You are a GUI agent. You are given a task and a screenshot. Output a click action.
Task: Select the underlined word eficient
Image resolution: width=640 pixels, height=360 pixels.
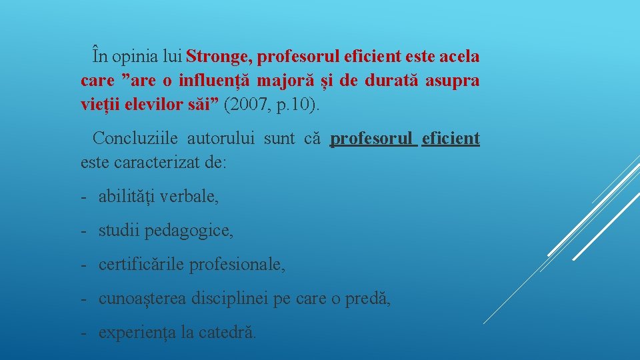(x=451, y=139)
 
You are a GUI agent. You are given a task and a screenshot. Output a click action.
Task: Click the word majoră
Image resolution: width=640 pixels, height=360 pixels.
(x=293, y=81)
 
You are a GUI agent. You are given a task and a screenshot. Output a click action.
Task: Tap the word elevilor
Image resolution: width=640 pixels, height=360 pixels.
(x=153, y=105)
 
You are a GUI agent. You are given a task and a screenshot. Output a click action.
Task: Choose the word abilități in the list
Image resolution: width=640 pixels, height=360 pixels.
(x=127, y=197)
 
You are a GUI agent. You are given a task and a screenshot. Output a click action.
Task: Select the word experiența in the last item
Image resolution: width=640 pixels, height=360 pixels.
(x=137, y=332)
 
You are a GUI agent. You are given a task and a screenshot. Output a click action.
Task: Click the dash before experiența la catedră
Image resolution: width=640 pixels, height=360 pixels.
(x=85, y=332)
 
